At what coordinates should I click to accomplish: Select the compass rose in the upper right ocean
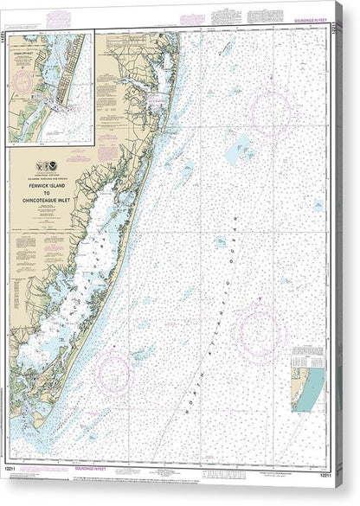click(267, 109)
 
